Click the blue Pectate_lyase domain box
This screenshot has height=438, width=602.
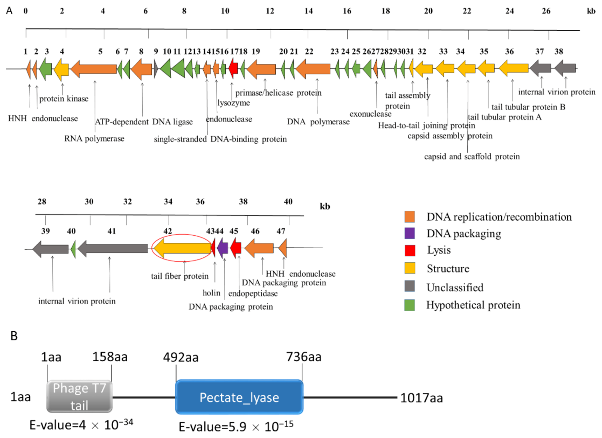239,397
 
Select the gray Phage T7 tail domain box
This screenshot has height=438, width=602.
79,397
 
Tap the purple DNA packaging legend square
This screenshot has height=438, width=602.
410,233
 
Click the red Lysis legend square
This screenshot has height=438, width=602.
410,250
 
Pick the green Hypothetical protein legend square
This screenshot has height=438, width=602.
410,305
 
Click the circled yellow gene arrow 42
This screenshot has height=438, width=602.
182,248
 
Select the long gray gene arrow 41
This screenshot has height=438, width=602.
113,248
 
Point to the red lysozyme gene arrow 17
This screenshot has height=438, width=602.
233,69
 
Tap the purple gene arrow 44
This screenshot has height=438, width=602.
223,248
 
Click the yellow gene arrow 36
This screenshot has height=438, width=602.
513,69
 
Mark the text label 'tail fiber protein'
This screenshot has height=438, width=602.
180,276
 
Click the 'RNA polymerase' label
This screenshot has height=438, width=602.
94,138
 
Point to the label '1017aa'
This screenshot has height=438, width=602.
421,398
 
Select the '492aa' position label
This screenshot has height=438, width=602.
181,357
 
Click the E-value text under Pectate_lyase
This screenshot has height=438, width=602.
236,426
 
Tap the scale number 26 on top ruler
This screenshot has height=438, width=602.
546,11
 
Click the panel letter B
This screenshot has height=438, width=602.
14,336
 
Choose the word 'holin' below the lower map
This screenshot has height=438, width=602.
211,293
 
